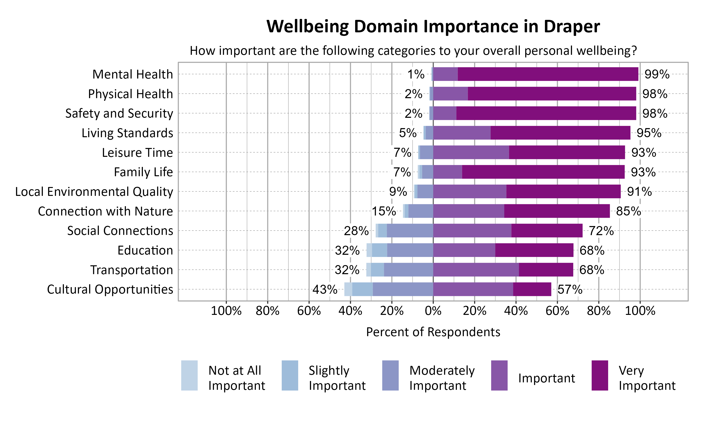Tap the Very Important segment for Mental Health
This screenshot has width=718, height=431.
548,74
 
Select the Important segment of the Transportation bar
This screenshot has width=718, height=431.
476,270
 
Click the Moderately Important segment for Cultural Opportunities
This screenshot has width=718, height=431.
403,289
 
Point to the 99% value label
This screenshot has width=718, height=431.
657,74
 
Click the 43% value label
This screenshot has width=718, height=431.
325,289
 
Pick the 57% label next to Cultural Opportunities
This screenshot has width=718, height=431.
570,289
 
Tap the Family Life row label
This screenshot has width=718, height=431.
143,172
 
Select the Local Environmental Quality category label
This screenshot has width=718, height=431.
94,192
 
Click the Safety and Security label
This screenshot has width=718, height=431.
119,113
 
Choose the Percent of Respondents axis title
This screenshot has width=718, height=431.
433,332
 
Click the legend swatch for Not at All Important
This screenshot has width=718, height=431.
189,375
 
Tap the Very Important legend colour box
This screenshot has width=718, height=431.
600,375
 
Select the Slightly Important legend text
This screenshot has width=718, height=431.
337,378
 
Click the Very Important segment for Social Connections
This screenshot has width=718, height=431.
547,231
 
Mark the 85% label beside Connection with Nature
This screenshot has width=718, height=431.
628,211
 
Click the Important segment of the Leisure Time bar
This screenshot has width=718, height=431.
471,153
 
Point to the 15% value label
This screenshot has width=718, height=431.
384,211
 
